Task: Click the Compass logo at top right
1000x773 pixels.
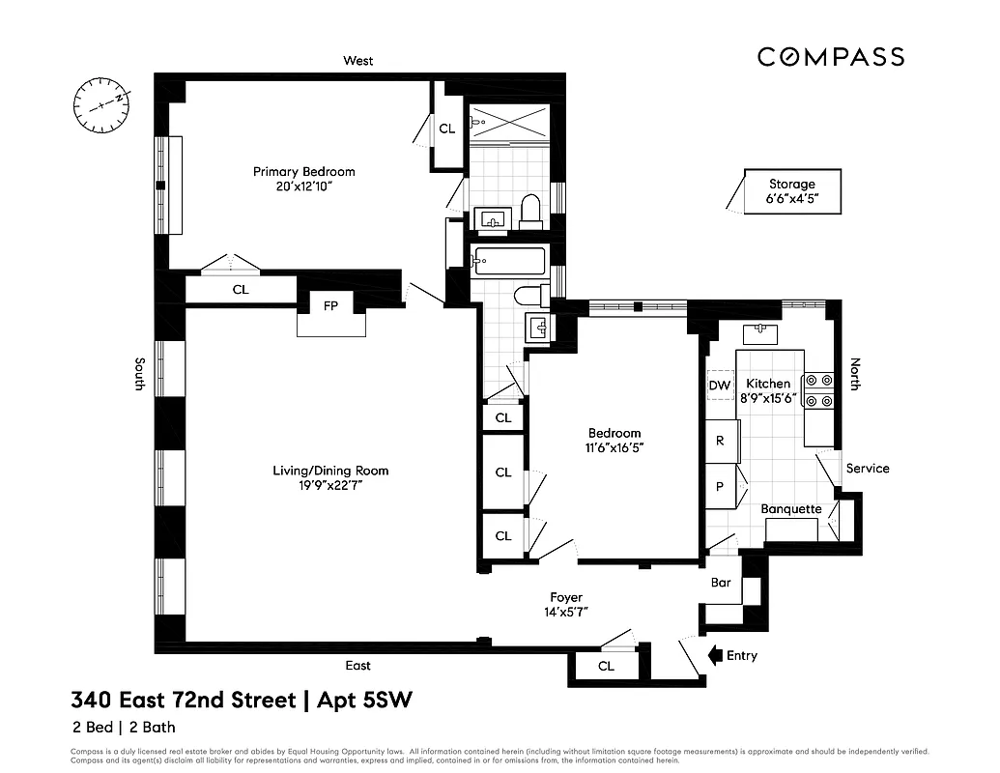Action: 830,57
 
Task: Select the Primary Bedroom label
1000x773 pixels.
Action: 303,172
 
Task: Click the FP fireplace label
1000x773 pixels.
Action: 330,305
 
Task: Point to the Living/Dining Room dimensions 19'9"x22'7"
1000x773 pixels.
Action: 329,486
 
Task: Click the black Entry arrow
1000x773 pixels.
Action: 716,656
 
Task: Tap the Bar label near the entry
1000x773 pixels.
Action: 721,584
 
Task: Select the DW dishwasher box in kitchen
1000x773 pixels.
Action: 720,386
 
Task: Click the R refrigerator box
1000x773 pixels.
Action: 721,441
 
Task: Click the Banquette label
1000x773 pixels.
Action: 791,509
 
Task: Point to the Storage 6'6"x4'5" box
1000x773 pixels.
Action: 791,191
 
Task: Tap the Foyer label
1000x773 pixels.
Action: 566,597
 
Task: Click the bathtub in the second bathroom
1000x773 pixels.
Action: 510,260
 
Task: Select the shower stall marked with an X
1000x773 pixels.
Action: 509,123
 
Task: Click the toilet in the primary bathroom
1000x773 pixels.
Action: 529,211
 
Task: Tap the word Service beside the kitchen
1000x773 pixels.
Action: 867,469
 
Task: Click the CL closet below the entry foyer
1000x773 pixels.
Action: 605,667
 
